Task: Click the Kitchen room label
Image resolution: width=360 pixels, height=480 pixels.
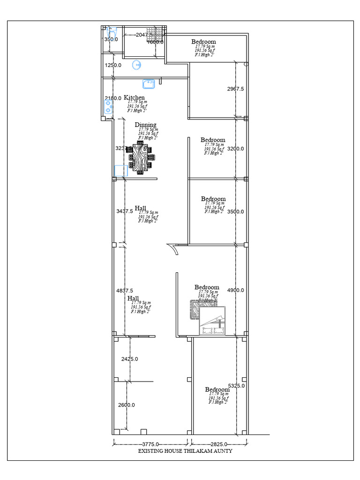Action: (134, 97)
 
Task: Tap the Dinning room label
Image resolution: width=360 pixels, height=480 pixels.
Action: (145, 125)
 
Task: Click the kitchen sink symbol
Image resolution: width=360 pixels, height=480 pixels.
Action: (149, 83)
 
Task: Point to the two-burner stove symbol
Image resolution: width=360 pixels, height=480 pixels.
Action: (108, 107)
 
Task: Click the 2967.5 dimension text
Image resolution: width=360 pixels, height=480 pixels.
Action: (235, 89)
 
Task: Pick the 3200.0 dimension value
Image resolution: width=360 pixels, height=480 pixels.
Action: (235, 149)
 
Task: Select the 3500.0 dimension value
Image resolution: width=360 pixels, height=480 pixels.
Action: (235, 211)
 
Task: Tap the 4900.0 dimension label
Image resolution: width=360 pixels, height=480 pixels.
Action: (235, 290)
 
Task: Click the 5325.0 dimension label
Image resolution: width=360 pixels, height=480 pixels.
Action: (236, 386)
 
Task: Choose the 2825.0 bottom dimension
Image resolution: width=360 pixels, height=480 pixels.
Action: (219, 444)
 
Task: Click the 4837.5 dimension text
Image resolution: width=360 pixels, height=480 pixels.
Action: (125, 291)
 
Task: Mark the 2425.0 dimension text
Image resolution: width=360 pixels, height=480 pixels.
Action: (129, 359)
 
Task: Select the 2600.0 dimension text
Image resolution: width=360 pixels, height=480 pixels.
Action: (126, 405)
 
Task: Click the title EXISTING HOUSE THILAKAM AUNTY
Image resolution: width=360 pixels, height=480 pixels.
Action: (185, 451)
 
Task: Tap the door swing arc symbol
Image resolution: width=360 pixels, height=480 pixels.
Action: (174, 250)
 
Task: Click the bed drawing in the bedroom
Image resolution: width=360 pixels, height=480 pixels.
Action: (212, 321)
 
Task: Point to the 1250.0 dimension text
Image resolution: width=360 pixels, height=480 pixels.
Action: (113, 65)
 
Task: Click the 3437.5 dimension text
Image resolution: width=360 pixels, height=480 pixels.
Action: (125, 211)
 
